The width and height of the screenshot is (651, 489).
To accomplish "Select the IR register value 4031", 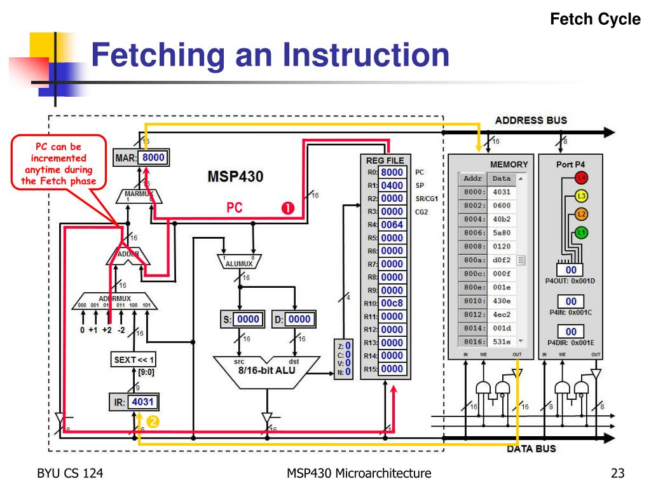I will (x=143, y=402).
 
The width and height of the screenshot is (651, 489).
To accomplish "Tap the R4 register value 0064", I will (x=392, y=225).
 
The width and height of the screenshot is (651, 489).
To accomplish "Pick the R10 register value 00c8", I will (x=392, y=303).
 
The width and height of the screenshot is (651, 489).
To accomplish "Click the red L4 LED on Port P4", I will (x=581, y=178).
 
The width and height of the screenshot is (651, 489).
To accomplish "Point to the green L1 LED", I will (x=581, y=233).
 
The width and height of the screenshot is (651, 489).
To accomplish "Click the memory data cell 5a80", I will (x=502, y=233).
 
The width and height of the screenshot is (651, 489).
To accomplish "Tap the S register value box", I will (x=248, y=319).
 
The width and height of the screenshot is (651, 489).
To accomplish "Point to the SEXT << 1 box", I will (x=134, y=360).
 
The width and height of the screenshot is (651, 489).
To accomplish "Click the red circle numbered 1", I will (x=287, y=208).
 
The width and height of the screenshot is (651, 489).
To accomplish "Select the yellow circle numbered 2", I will (x=153, y=421).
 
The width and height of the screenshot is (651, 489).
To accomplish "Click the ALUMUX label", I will (x=239, y=263).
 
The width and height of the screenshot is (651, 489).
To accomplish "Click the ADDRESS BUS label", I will (x=531, y=120).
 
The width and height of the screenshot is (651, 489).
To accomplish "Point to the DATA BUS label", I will (x=531, y=448).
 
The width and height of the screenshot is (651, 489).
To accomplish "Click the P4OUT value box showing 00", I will (x=571, y=270).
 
